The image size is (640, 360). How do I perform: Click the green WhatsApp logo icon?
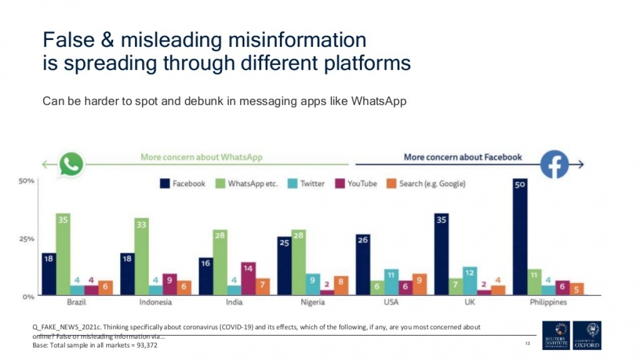click(72, 164)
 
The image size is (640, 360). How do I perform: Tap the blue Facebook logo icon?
click(554, 164)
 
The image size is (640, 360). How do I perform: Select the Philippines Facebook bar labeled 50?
click(520, 237)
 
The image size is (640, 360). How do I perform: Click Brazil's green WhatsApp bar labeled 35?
click(63, 254)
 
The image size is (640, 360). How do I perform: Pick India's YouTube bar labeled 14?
click(248, 278)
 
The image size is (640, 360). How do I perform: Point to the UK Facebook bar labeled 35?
click(442, 254)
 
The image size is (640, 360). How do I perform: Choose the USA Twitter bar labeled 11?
click(391, 282)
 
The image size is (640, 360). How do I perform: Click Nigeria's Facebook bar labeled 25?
click(284, 266)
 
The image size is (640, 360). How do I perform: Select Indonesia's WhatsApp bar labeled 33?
click(141, 257)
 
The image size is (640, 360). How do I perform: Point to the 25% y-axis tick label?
click(27, 238)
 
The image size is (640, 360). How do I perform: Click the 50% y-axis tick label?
click(27, 181)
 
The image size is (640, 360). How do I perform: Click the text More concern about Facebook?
click(462, 157)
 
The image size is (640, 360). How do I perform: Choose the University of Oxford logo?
click(587, 335)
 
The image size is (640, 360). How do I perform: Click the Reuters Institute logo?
click(556, 335)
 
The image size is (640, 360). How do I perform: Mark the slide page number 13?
click(527, 343)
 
